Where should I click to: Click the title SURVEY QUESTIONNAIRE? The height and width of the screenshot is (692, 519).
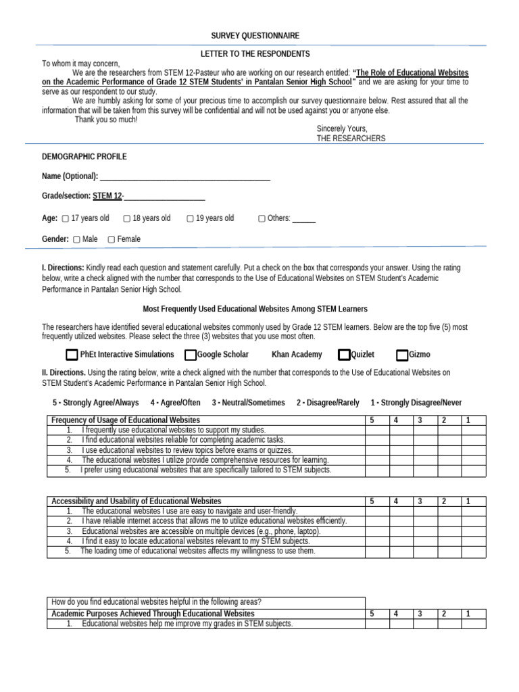(255, 36)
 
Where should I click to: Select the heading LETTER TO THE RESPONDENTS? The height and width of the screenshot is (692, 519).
(255, 53)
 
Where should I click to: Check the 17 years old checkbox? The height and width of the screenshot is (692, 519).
(65, 219)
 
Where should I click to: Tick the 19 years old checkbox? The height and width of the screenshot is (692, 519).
(191, 219)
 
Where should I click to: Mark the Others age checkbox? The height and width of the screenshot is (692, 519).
(262, 219)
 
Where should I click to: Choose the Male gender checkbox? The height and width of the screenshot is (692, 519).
(76, 239)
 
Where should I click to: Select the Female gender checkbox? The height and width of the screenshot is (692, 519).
(112, 239)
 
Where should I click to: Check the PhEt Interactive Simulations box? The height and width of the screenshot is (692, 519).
(72, 355)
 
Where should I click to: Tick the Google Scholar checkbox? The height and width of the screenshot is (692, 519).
(191, 355)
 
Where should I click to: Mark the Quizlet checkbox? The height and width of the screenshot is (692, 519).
(345, 355)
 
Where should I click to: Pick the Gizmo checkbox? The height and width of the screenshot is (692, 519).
(402, 355)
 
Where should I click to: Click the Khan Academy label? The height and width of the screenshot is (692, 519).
(297, 355)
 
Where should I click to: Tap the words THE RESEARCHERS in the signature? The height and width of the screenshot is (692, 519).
(351, 139)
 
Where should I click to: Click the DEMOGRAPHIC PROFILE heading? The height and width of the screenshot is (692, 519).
(84, 157)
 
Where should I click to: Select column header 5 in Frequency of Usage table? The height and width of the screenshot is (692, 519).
(372, 420)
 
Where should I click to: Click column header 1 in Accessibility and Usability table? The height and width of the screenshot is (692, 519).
(468, 501)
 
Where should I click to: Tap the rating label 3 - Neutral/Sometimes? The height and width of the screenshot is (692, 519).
(248, 403)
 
